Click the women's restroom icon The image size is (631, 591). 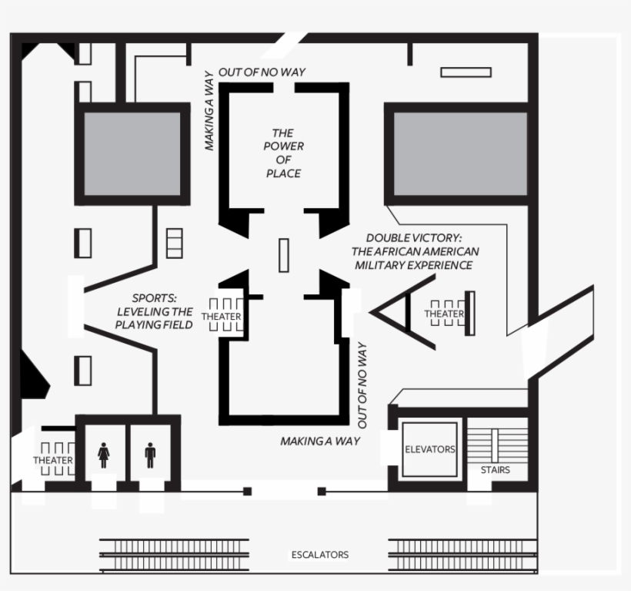click(x=104, y=455)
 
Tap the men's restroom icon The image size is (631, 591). click(x=150, y=455)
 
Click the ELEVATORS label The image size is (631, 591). click(x=429, y=449)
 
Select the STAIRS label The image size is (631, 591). click(x=495, y=469)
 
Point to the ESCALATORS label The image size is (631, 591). click(x=319, y=555)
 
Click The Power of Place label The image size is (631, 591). click(x=284, y=153)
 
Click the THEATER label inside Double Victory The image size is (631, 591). click(x=444, y=314)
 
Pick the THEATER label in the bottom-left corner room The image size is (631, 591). click(x=53, y=461)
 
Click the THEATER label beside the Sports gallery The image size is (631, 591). click(x=221, y=317)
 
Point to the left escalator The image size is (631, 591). click(x=174, y=555)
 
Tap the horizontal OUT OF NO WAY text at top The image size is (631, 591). click(x=262, y=72)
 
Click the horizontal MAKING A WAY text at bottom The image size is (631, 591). click(x=319, y=442)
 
